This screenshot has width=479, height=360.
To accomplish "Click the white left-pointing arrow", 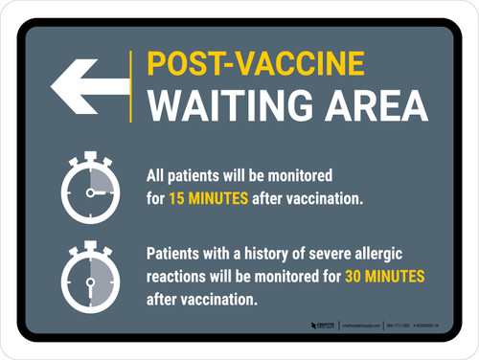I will point(88,85).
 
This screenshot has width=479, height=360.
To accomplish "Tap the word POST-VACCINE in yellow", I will point(255,63).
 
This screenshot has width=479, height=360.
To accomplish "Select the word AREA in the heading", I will point(366,104).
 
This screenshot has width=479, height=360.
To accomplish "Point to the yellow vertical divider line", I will point(130,85).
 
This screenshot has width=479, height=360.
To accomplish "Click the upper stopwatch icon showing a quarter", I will point(88,191).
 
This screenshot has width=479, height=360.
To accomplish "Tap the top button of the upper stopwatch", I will point(88,153).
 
